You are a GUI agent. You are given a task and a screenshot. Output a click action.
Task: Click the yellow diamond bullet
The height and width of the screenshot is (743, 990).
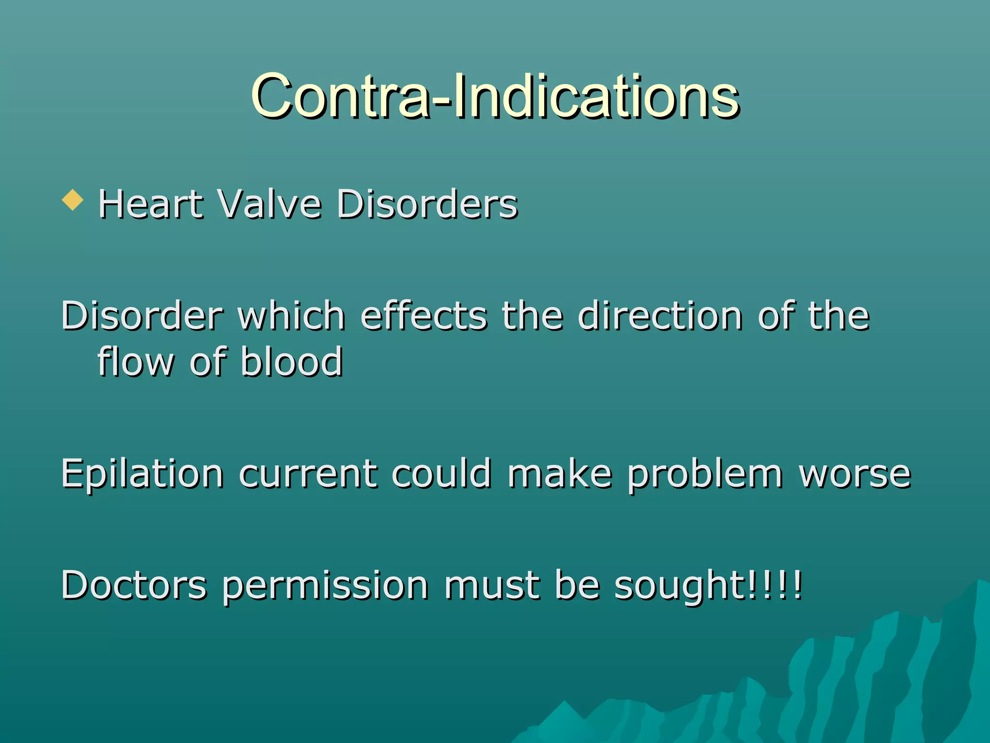pyautogui.click(x=73, y=200)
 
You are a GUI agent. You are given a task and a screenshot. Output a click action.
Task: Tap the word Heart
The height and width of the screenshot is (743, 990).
pyautogui.click(x=150, y=204)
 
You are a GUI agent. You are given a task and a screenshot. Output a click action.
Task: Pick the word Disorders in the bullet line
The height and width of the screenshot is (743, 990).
pyautogui.click(x=427, y=204)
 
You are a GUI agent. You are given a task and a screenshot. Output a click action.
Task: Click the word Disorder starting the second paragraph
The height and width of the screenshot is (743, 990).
pyautogui.click(x=142, y=316)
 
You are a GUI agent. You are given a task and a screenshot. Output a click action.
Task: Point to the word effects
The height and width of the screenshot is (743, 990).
pyautogui.click(x=423, y=316)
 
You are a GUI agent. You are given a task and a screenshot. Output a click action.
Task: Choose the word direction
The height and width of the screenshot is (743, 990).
pyautogui.click(x=660, y=316)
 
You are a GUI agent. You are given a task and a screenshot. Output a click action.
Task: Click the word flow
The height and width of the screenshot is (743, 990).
pyautogui.click(x=135, y=362)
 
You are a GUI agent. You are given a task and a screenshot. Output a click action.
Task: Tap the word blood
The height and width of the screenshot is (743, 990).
pyautogui.click(x=292, y=362)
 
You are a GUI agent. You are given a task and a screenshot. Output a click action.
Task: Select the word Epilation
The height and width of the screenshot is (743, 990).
pyautogui.click(x=142, y=474)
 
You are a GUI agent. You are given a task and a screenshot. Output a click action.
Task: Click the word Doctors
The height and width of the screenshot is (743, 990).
pyautogui.click(x=134, y=585)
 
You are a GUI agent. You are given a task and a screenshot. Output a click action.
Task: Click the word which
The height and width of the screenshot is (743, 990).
pyautogui.click(x=291, y=316)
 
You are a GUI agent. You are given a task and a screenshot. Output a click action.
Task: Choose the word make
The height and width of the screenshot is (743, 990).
pyautogui.click(x=559, y=474)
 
